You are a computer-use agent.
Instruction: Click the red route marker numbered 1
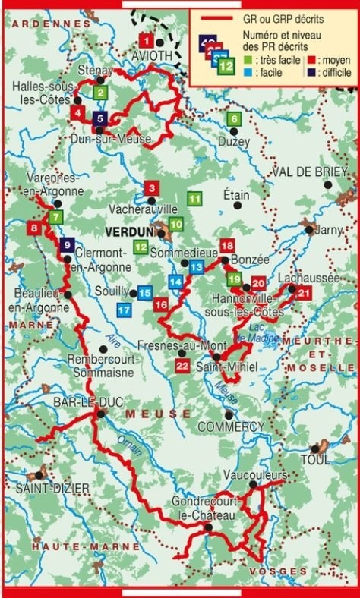pos(146,40)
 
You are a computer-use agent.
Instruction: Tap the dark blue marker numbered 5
pos(101,118)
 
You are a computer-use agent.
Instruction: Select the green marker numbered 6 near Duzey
pos(234,118)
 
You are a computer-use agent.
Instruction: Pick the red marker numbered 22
pos(182,367)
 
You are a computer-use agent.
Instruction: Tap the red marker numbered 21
pos(305,294)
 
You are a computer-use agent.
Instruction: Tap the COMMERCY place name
pos(230,426)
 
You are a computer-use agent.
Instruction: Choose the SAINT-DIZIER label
pos(47,486)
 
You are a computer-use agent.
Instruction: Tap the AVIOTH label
pos(151,55)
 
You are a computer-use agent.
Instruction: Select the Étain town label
pos(236,194)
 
